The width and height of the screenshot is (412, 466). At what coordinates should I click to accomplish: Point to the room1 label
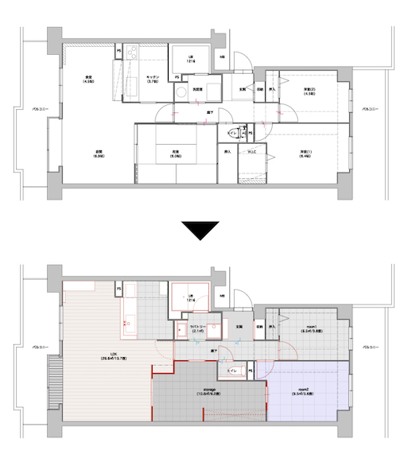tap(312, 328)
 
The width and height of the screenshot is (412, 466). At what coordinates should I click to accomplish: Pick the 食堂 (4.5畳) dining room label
tap(89, 79)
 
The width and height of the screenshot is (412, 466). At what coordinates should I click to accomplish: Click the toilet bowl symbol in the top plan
tap(234, 132)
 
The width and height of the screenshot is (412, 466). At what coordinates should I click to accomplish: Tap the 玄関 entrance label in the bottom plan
tap(239, 327)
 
